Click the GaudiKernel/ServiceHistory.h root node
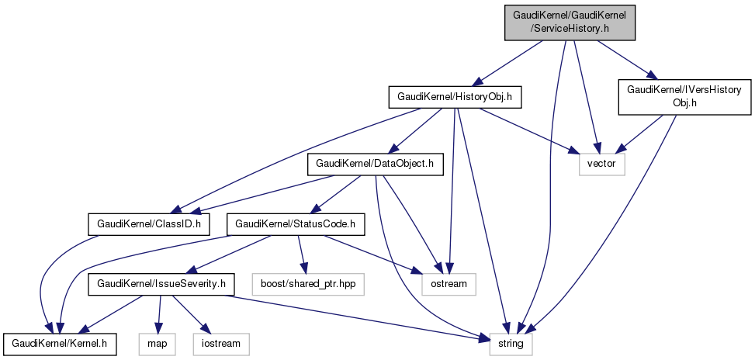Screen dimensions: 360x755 (x=569, y=21)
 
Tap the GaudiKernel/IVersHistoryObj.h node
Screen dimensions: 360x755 (x=684, y=97)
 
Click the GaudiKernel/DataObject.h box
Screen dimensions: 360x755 (x=376, y=164)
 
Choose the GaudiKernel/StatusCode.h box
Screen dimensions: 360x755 (x=296, y=225)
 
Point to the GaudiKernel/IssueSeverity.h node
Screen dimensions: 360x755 (x=161, y=285)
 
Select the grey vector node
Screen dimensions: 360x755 (x=601, y=164)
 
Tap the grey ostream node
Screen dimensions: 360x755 (x=449, y=284)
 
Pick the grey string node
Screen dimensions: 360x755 (x=511, y=342)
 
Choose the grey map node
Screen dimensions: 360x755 (x=158, y=342)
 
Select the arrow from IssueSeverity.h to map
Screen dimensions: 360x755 (x=159, y=313)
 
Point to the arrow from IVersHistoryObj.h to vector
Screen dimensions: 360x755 (x=641, y=132)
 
